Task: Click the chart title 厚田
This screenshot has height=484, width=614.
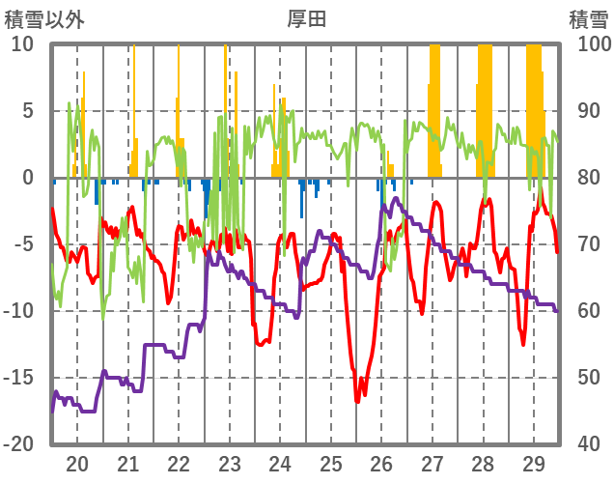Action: click(x=307, y=18)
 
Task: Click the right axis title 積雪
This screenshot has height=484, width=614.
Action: click(x=587, y=18)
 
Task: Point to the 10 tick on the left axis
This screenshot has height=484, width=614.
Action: click(x=22, y=44)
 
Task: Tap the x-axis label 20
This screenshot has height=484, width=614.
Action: click(x=77, y=463)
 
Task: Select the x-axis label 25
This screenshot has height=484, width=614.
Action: click(x=331, y=463)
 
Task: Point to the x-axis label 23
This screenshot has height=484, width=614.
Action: click(x=230, y=463)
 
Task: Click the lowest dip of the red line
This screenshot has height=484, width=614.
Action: click(x=357, y=400)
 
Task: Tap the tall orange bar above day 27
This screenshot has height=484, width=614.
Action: click(x=434, y=106)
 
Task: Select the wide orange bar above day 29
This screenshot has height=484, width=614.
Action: click(x=534, y=106)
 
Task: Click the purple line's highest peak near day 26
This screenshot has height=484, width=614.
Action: click(x=397, y=201)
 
